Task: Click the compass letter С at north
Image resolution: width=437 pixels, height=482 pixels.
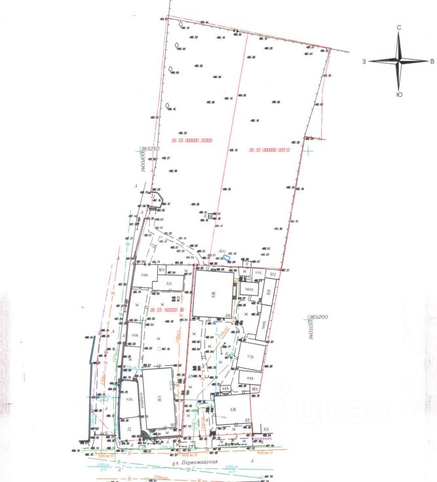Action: (x=399, y=28)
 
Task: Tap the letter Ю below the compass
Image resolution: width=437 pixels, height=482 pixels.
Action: (x=399, y=95)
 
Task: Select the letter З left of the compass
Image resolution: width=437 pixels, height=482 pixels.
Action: (x=363, y=61)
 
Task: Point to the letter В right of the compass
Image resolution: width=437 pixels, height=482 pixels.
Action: (x=432, y=62)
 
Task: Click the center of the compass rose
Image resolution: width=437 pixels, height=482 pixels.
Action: (x=399, y=61)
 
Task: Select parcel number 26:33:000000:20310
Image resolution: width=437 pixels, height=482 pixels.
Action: (x=269, y=150)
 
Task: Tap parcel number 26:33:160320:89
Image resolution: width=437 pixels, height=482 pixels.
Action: (x=167, y=309)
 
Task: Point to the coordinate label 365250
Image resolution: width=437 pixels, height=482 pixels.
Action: (x=148, y=150)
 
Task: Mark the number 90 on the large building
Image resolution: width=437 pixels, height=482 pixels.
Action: (x=172, y=426)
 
